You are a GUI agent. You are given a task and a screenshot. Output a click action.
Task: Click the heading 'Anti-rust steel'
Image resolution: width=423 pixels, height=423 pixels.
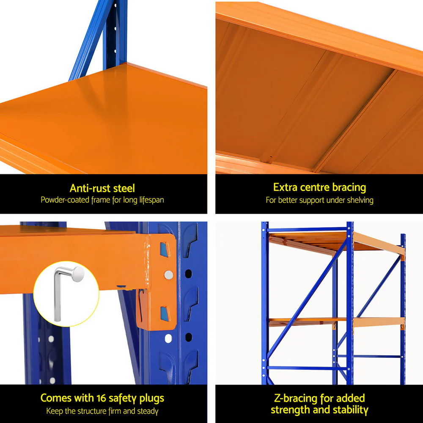(102, 188)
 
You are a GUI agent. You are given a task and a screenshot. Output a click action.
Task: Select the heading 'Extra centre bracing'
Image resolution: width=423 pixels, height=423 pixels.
(319, 187)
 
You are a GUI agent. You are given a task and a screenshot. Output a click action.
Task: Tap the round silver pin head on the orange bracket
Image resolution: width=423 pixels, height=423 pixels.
(168, 275)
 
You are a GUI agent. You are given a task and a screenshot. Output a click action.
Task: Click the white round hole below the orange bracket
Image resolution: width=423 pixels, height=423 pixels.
(168, 338)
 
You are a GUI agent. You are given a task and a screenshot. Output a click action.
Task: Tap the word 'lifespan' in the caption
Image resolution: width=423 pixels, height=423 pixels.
(151, 200)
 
